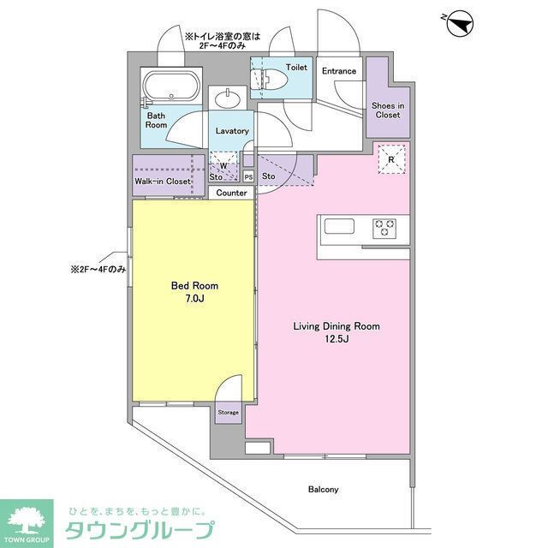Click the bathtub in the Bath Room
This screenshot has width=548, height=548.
coord(171,87)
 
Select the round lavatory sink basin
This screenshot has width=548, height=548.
coord(230,99)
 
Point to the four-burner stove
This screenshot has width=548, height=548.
coord(384,228)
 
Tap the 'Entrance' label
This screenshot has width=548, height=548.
coord(339,71)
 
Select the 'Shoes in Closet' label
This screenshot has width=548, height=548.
coord(387,110)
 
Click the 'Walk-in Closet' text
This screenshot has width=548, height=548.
coord(162,182)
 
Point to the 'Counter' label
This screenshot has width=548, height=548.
coord(231,193)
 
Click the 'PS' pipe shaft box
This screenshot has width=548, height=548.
coord(248,177)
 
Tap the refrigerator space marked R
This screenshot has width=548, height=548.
coord(390,160)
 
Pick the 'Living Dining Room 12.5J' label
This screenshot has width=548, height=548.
coord(337,332)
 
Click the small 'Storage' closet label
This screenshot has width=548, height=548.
coord(228,412)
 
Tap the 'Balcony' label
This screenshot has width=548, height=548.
coord(324,490)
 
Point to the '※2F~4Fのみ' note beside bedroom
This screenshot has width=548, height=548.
coord(98,269)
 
